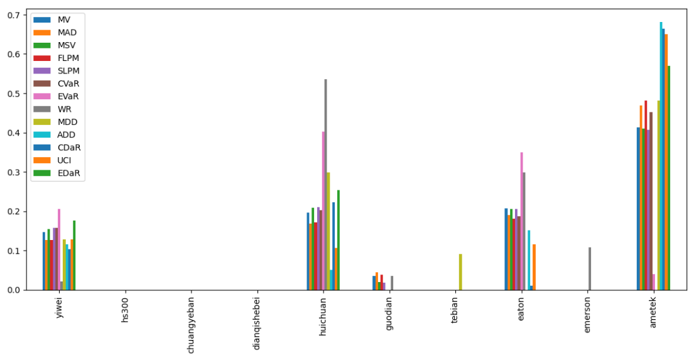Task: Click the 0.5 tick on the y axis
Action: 15,94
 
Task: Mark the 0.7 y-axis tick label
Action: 15,15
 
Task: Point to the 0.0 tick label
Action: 15,290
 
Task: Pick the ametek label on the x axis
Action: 653,314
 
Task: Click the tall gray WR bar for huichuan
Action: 325,185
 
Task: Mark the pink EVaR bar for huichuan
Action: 323,210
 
